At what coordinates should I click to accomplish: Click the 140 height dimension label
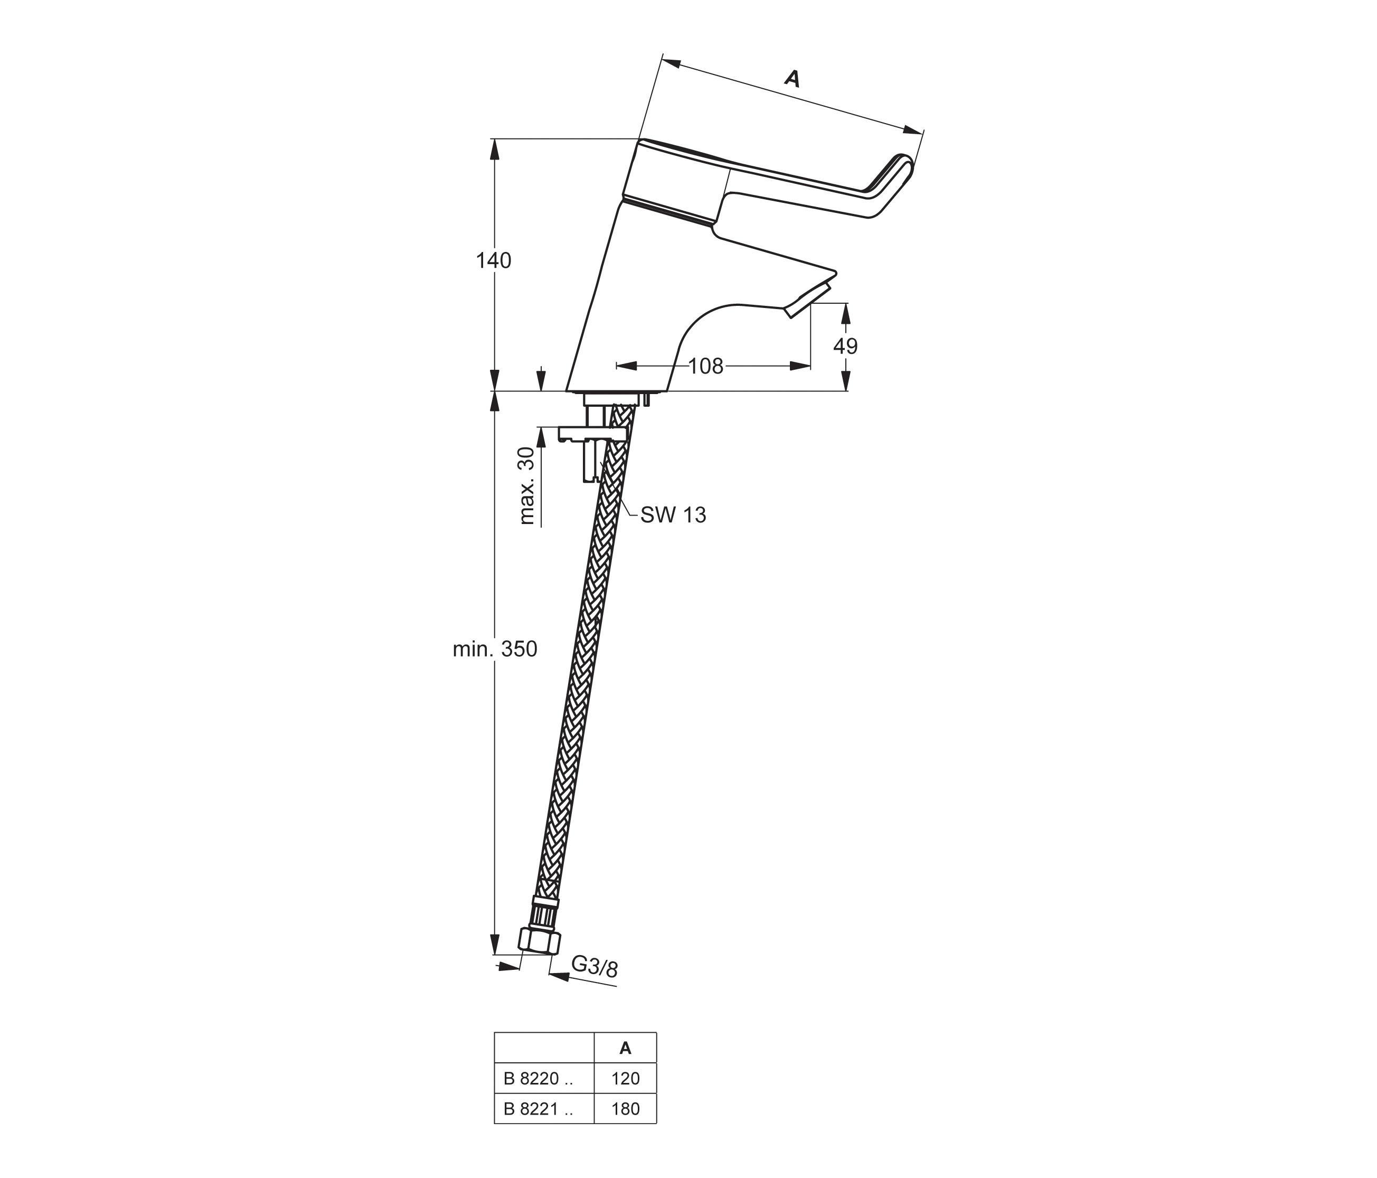(x=493, y=260)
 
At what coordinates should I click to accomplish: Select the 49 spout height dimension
(x=845, y=345)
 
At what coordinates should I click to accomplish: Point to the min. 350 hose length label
(x=494, y=649)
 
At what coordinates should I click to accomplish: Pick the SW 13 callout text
(x=673, y=515)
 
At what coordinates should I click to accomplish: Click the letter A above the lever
(x=791, y=78)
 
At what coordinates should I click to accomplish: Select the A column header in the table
(x=625, y=1049)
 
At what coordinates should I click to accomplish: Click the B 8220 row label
(x=537, y=1079)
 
